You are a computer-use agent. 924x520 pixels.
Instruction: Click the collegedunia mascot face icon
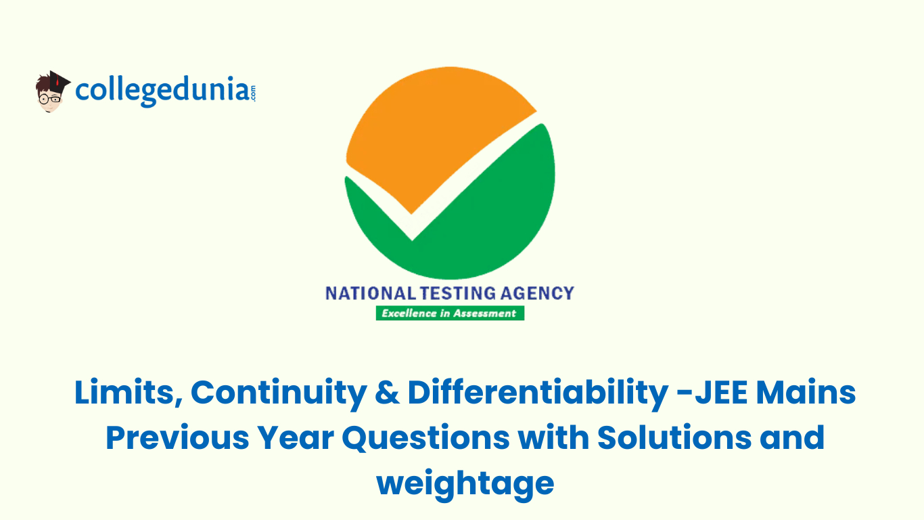tap(49, 96)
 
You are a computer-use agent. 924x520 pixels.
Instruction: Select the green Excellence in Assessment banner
tap(450, 313)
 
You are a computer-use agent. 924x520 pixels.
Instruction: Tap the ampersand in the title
tap(386, 393)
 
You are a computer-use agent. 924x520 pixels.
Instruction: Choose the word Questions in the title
tap(426, 438)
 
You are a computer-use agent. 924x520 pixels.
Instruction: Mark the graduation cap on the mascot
tap(56, 79)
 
